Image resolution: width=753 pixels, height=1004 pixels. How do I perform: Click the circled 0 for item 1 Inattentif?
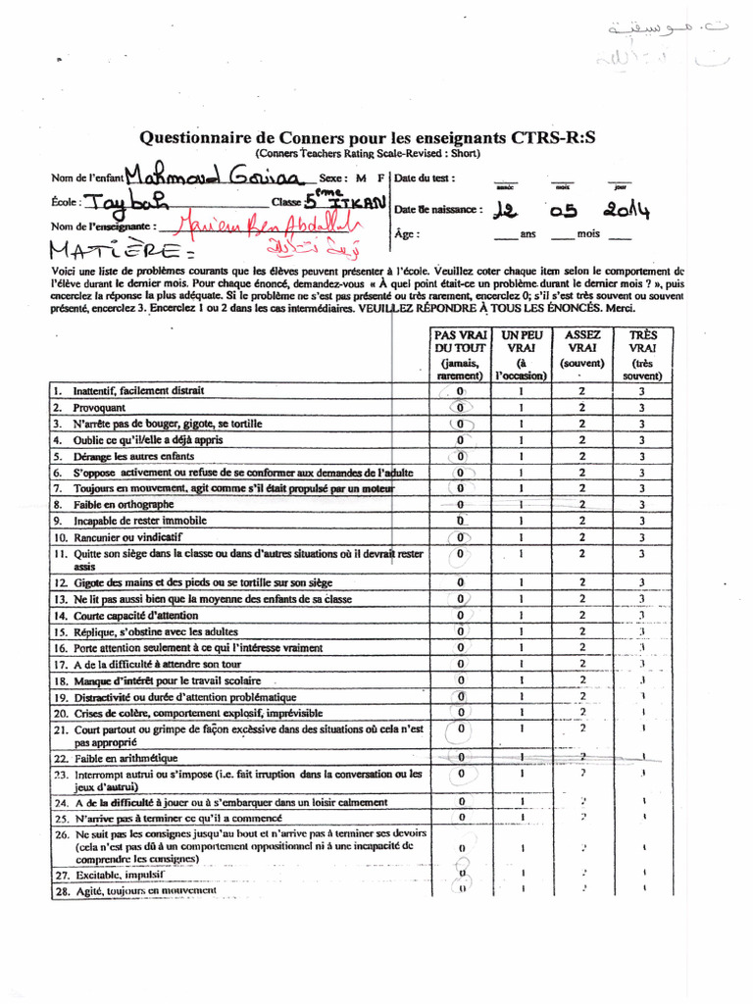point(460,391)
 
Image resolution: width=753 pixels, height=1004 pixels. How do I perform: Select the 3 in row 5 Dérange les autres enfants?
point(642,457)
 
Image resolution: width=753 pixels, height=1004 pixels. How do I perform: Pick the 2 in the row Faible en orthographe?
point(582,504)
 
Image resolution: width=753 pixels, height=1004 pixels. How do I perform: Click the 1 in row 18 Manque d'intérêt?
point(522,680)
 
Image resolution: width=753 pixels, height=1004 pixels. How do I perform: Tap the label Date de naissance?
point(438,210)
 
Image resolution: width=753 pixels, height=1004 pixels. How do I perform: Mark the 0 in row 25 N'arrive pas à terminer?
point(461,817)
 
